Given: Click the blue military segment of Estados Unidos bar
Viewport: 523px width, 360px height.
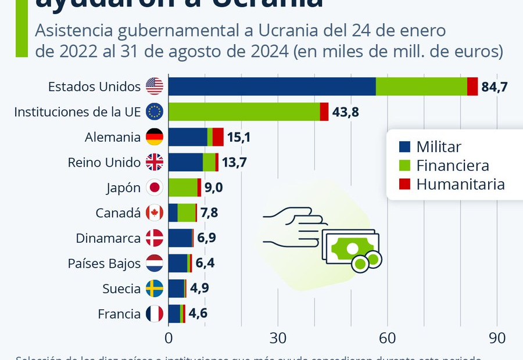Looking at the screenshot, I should [272, 87].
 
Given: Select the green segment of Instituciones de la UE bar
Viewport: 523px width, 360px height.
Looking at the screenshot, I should [244, 111].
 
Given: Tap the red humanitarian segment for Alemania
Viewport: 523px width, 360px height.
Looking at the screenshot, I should [218, 137].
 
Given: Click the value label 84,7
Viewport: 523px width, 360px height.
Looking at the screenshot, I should [495, 87].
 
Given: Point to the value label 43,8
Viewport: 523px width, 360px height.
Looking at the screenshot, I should [345, 112].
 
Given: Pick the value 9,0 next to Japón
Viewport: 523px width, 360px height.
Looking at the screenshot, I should [213, 188].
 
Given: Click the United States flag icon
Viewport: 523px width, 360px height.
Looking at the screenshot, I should [155, 87].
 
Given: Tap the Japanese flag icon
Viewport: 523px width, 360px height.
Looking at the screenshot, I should [155, 188].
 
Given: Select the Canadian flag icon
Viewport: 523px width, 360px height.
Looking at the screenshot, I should [155, 213].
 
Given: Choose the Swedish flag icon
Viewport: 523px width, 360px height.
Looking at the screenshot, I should [155, 289].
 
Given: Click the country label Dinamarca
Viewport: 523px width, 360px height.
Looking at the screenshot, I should [108, 238].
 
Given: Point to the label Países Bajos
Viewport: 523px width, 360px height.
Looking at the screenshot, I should [104, 264].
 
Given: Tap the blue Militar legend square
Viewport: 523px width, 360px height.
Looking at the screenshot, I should [405, 147].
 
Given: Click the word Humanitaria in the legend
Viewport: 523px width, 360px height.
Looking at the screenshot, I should [460, 185].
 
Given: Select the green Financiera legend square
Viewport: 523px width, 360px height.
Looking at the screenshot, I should [405, 166].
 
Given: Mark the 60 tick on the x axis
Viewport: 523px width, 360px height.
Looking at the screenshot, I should [388, 338].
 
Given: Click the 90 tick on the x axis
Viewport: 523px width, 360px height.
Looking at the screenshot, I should [497, 338].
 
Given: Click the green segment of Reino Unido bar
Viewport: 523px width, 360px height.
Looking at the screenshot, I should [209, 163].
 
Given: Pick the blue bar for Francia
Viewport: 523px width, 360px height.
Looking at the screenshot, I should [174, 314].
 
